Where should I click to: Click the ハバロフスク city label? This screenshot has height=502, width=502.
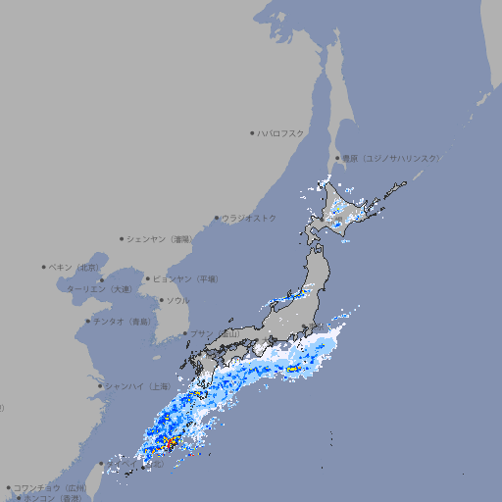coord(281,132)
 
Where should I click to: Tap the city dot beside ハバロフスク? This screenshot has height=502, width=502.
coord(252,132)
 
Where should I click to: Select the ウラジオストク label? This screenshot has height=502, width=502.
coord(249,218)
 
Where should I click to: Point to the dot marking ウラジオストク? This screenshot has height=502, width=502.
coord(218,218)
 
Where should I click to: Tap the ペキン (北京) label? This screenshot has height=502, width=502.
coord(75,267)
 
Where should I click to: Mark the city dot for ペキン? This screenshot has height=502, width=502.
coord(44,267)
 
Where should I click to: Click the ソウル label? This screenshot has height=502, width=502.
coord(177,300)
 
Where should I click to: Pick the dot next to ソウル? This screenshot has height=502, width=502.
coord(161,300)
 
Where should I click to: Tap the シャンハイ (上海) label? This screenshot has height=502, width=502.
coord(137,385)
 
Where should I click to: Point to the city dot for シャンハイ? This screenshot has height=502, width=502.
coord(100,385)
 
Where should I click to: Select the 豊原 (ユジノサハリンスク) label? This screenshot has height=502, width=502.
coord(390,158)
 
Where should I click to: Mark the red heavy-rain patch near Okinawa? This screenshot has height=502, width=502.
coord(171,444)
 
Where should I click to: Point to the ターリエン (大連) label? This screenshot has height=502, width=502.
coord(98,289)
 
